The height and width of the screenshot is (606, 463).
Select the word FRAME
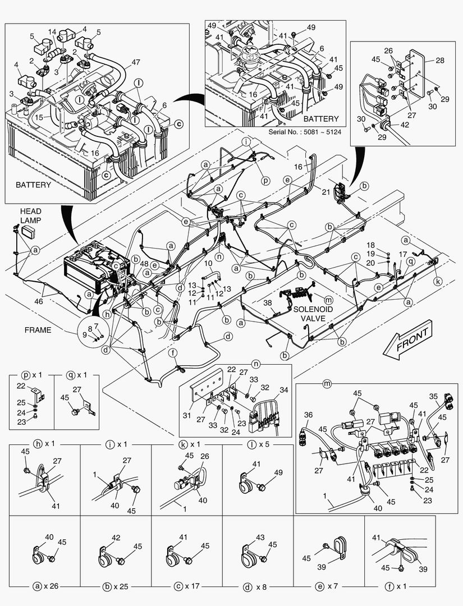pyautogui.click(x=38, y=330)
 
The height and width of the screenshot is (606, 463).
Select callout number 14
pyautogui.click(x=52, y=32)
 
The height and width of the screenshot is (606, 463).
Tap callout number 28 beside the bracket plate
pyautogui.click(x=439, y=59)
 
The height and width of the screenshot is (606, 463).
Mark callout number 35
pyautogui.click(x=433, y=396)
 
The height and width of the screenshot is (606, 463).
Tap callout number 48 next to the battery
pyautogui.click(x=144, y=264)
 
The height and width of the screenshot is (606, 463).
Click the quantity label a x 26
pyautogui.click(x=46, y=587)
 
